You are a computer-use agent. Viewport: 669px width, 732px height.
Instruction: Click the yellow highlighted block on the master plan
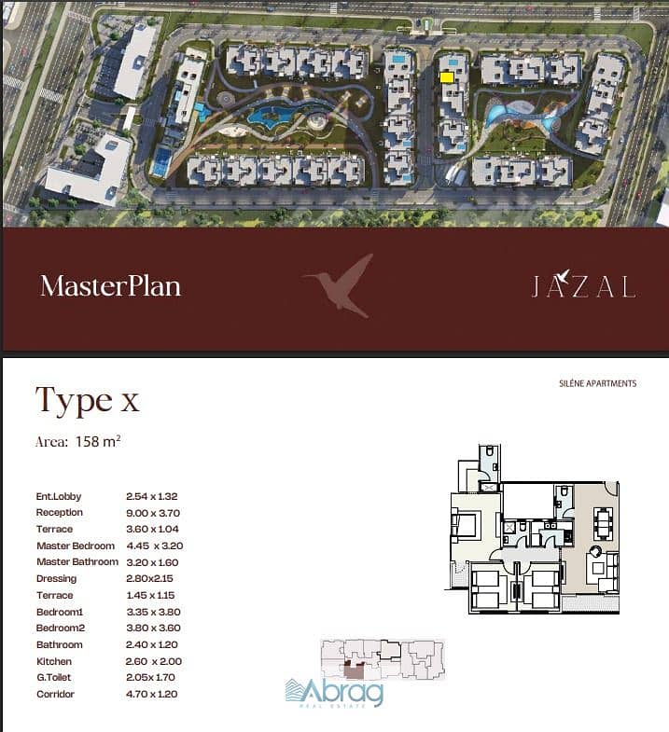tap(447, 77)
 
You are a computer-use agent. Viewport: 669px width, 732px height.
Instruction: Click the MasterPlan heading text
tap(110, 285)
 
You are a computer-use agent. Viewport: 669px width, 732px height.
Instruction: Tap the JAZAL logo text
tap(584, 284)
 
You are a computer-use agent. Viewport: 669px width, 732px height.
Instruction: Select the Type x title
tap(88, 400)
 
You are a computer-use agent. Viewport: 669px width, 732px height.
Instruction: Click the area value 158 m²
tap(98, 441)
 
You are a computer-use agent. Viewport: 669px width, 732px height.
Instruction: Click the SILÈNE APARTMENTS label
tap(597, 383)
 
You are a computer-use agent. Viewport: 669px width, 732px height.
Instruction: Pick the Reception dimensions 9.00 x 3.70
tap(153, 513)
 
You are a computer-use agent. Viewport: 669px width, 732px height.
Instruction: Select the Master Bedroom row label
tap(76, 546)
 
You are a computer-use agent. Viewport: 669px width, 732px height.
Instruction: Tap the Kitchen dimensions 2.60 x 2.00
tap(154, 661)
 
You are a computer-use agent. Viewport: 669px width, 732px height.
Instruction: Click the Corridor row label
tap(55, 694)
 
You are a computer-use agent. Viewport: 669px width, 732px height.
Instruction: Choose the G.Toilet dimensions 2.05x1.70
tap(150, 677)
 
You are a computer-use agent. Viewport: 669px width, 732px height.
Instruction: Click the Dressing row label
tap(56, 579)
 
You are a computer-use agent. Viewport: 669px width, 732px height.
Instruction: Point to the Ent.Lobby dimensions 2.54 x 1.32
tap(152, 496)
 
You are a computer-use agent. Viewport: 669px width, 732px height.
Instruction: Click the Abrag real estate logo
tap(334, 693)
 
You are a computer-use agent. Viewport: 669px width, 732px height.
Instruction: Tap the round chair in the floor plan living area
tap(596, 552)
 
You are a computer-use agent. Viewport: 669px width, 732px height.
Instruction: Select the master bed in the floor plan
tap(464, 524)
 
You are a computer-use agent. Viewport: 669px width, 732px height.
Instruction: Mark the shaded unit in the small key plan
tap(355, 670)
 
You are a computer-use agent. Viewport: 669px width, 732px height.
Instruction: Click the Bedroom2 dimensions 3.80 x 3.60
tap(153, 628)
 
